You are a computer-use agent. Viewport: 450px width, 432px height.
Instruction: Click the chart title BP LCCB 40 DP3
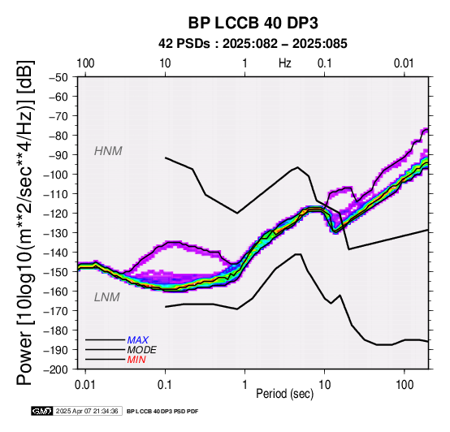(x=253, y=23)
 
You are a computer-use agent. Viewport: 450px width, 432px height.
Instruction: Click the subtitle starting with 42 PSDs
(x=253, y=44)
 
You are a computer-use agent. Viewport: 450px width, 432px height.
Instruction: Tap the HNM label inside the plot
(x=108, y=151)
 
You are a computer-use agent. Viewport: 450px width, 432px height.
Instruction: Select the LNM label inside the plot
(x=106, y=297)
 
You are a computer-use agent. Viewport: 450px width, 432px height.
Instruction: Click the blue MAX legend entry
(x=137, y=340)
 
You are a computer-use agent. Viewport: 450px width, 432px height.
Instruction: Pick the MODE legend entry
(x=142, y=350)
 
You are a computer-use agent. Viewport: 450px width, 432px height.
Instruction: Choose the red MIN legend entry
(x=136, y=360)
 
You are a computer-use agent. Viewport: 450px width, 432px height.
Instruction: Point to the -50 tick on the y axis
(x=58, y=77)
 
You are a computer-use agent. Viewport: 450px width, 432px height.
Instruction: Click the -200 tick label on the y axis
(x=56, y=369)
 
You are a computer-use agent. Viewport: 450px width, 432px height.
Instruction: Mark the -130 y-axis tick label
(x=56, y=233)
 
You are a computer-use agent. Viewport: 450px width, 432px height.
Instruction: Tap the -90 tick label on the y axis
(x=58, y=155)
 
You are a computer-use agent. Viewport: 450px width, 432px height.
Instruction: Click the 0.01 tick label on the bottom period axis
(x=85, y=385)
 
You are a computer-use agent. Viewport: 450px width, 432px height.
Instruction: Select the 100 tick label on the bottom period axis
(x=405, y=385)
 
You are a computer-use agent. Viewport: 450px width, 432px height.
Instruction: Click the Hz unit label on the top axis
(x=284, y=63)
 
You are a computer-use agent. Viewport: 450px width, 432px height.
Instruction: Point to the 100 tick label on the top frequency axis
(x=85, y=63)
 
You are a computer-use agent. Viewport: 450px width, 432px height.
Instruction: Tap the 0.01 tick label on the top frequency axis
(x=405, y=63)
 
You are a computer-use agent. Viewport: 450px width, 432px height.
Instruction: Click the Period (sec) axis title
(x=284, y=394)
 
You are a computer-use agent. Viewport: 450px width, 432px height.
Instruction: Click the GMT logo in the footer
(x=42, y=411)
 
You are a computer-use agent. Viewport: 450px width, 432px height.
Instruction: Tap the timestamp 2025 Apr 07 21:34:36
(x=87, y=411)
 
